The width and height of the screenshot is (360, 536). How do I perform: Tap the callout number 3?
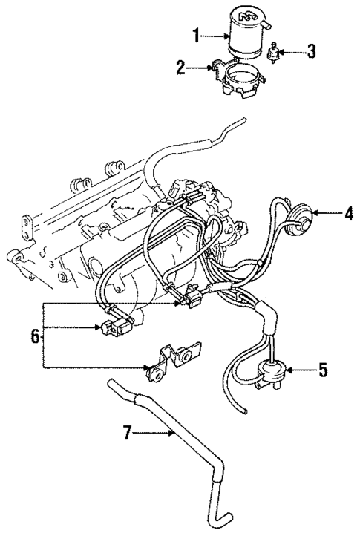coord(312,53)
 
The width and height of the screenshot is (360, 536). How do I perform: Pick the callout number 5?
coord(322,369)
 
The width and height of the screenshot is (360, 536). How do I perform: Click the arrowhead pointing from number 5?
coord(287,369)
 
